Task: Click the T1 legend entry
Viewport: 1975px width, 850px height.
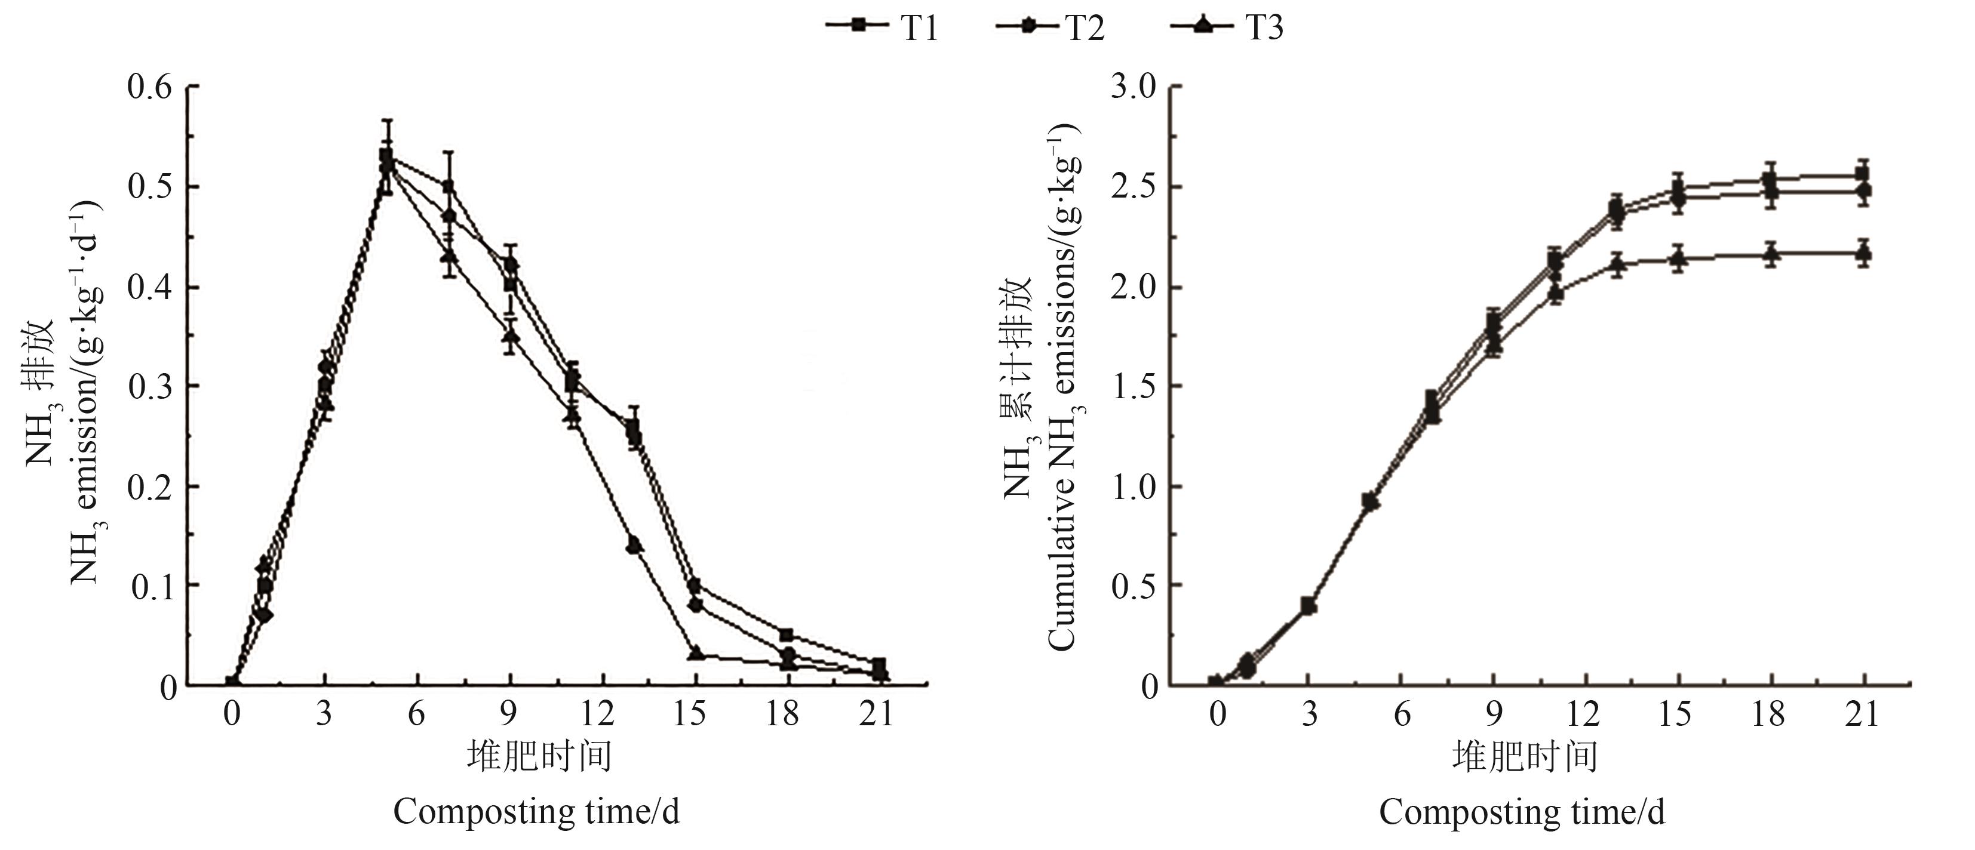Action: tap(881, 27)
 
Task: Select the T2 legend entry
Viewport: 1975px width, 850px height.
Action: tap(1051, 27)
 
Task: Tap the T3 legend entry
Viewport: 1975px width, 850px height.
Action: tap(1227, 27)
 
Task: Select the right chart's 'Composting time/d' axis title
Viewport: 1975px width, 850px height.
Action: tap(1522, 812)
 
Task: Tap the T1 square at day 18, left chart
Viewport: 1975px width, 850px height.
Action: tap(786, 635)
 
